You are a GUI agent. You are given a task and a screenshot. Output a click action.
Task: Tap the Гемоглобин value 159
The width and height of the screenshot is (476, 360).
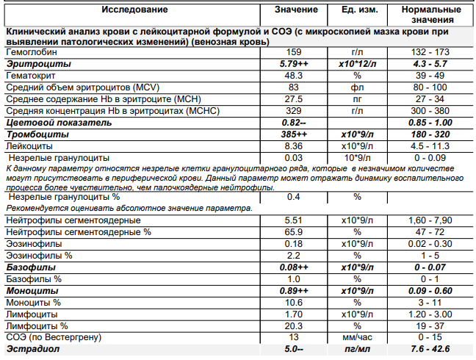pyautogui.click(x=294, y=54)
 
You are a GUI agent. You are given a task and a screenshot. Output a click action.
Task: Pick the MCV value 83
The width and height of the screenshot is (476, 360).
pyautogui.click(x=294, y=87)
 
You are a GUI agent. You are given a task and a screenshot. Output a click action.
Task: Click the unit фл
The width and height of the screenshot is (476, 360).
pyautogui.click(x=358, y=87)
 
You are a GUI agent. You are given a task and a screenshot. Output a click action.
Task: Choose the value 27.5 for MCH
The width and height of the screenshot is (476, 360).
pyautogui.click(x=294, y=99)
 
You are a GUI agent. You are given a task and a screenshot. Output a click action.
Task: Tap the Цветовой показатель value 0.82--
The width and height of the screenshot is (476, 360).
pyautogui.click(x=294, y=122)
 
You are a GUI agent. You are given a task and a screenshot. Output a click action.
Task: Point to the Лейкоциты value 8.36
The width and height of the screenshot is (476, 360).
pyautogui.click(x=294, y=146)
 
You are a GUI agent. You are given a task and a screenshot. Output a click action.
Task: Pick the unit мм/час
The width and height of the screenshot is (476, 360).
pyautogui.click(x=358, y=336)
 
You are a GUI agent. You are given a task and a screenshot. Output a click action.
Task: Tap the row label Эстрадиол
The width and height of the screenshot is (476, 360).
pyautogui.click(x=32, y=348)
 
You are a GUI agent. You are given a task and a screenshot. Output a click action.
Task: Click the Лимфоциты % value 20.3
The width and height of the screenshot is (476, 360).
pyautogui.click(x=294, y=325)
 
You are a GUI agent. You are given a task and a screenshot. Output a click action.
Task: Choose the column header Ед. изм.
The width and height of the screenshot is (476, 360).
pyautogui.click(x=358, y=10)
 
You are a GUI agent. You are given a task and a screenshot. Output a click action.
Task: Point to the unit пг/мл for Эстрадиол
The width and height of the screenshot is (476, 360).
pyautogui.click(x=358, y=348)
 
